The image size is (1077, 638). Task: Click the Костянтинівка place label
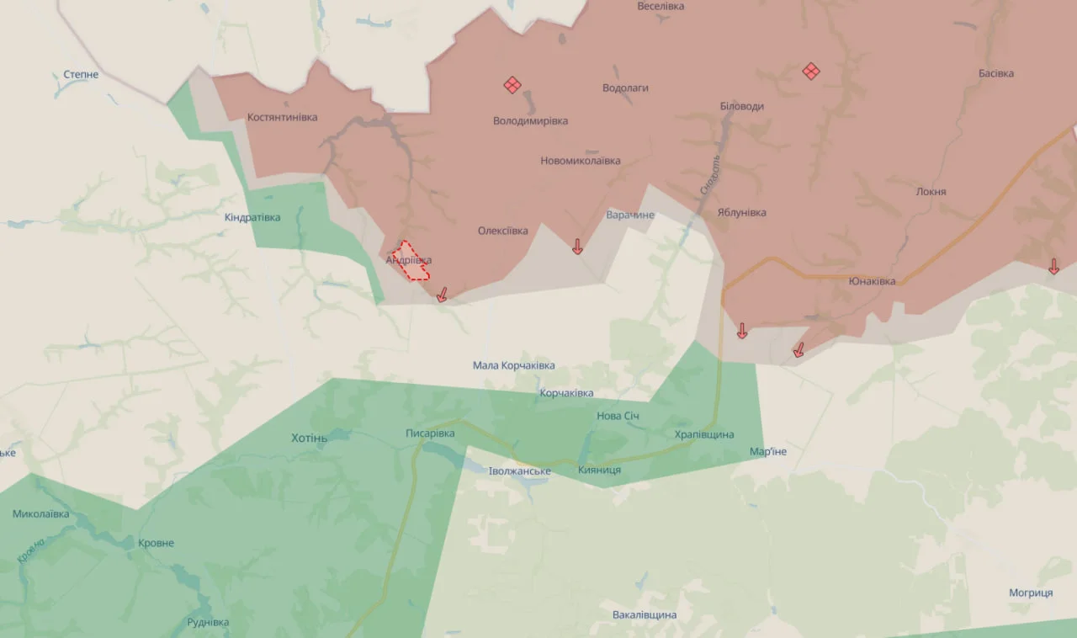pyautogui.click(x=282, y=117)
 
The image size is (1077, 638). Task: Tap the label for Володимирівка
pyautogui.click(x=530, y=120)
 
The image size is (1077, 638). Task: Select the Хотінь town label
pyautogui.click(x=309, y=438)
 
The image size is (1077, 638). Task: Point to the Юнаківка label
pyautogui.click(x=872, y=281)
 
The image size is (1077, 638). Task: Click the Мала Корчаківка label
pyautogui.click(x=513, y=365)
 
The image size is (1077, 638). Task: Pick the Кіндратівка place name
pyautogui.click(x=252, y=217)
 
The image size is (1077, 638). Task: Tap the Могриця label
pyautogui.click(x=1031, y=593)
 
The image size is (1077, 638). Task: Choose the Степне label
pyautogui.click(x=81, y=74)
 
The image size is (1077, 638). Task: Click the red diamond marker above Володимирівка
pyautogui.click(x=512, y=84)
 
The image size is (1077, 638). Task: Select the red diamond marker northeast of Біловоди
pyautogui.click(x=811, y=71)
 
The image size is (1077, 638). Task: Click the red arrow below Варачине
pyautogui.click(x=577, y=246)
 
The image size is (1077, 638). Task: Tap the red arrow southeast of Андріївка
pyautogui.click(x=441, y=294)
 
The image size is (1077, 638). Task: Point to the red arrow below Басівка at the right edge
pyautogui.click(x=1053, y=267)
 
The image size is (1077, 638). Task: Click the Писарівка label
pyautogui.click(x=430, y=433)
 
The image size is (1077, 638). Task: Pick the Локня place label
pyautogui.click(x=931, y=191)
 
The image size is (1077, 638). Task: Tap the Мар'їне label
pyautogui.click(x=768, y=451)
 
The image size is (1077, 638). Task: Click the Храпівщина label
pyautogui.click(x=704, y=434)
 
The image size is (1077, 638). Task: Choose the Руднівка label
pyautogui.click(x=208, y=622)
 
